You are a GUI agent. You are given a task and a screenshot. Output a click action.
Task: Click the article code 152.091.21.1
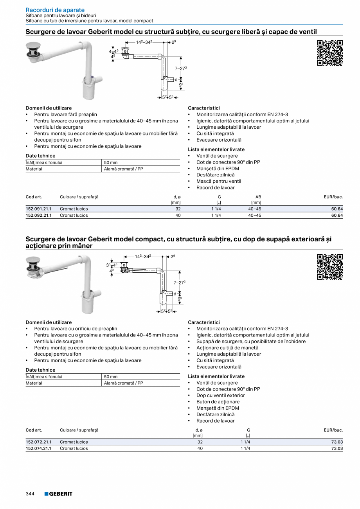click(x=38, y=209)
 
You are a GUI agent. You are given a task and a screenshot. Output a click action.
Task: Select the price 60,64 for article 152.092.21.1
click(x=337, y=215)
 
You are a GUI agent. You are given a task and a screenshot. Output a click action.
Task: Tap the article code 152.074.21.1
click(x=38, y=448)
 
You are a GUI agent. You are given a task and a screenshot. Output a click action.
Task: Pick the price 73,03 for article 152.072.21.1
click(x=337, y=442)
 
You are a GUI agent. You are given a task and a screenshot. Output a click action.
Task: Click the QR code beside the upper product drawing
click(x=329, y=52)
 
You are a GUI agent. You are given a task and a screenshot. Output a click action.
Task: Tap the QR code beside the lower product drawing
click(x=329, y=267)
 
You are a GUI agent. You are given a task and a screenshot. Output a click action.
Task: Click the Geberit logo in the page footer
click(x=58, y=494)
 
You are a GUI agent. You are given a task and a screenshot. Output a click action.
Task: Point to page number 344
click(x=30, y=494)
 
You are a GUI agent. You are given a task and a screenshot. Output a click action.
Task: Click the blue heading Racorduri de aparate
click(x=55, y=10)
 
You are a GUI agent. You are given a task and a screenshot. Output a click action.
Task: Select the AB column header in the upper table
click(x=258, y=197)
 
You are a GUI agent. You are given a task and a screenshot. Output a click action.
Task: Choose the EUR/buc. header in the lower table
click(x=333, y=430)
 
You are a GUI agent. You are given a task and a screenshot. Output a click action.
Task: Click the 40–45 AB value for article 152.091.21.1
click(x=254, y=209)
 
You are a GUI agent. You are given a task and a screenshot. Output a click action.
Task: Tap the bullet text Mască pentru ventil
click(x=219, y=181)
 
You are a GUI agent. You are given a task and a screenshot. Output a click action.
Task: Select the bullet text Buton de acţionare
click(x=218, y=402)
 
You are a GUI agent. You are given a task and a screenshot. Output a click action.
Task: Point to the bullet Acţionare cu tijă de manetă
click(x=227, y=348)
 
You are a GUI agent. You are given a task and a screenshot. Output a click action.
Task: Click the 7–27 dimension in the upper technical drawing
click(x=180, y=68)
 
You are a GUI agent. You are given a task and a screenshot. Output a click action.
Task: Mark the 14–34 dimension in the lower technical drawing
click(x=143, y=257)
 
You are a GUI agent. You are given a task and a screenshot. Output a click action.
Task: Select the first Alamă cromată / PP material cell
click(x=123, y=169)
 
